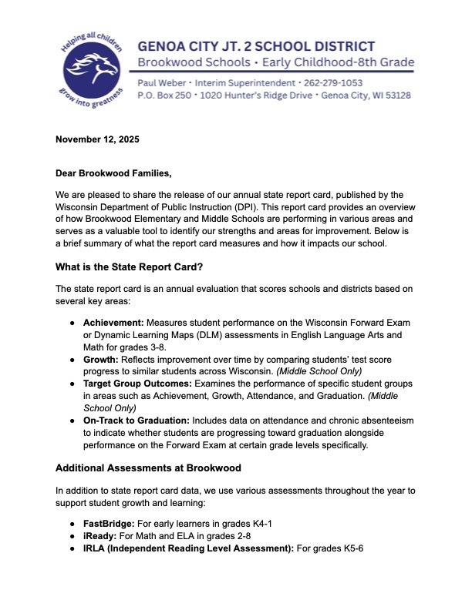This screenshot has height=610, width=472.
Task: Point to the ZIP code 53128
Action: point(395,96)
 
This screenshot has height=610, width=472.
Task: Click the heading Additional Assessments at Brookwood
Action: point(158,468)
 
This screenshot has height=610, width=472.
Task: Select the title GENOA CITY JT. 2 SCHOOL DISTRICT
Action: point(257,46)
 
